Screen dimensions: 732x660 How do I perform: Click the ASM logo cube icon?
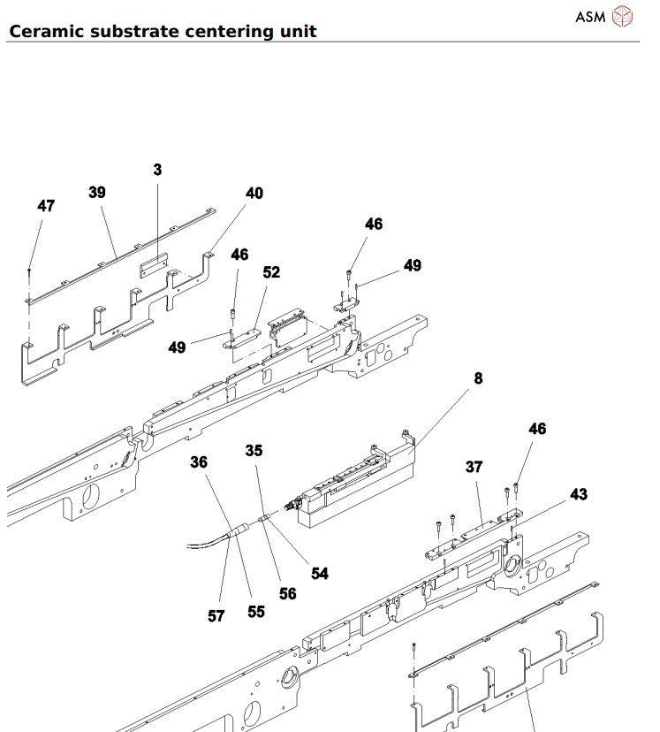coord(624,17)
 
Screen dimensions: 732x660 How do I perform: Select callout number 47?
coord(46,206)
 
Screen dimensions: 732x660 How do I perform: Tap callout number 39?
coord(96,192)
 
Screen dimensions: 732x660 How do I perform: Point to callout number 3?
coord(157,169)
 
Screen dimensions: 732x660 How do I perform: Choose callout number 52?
coord(271,273)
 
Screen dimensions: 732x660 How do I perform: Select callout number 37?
coord(475,466)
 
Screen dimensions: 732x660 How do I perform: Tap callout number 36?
coord(199,461)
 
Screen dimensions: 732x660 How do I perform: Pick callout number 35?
coord(254,450)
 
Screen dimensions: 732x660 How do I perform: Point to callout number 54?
coord(320,573)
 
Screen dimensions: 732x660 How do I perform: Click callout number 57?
coord(216,617)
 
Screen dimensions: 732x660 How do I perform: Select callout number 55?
coord(256,611)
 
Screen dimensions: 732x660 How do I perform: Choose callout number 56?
coord(287,594)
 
